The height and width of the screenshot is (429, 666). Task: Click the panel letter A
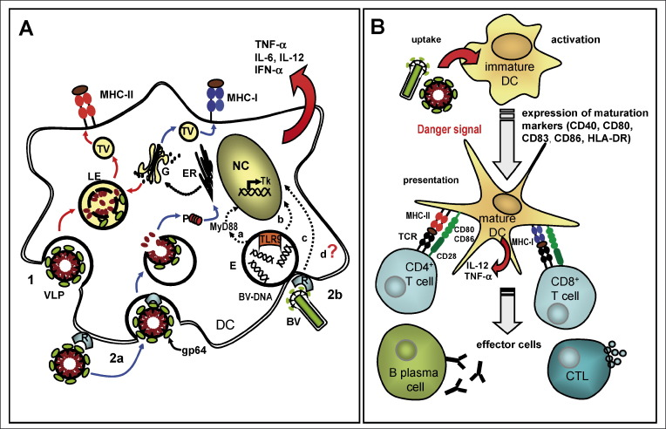(26, 28)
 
